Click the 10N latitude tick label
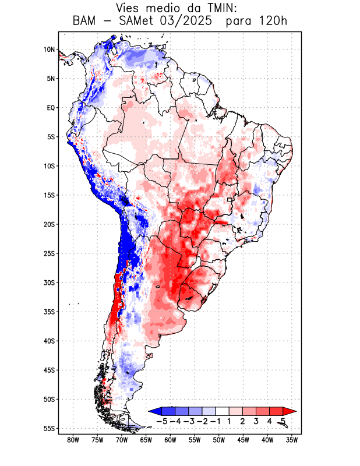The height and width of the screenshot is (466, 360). pyautogui.click(x=49, y=50)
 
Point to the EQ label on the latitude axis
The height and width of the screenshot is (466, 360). pyautogui.click(x=51, y=108)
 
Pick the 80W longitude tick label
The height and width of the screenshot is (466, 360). pyautogui.click(x=73, y=440)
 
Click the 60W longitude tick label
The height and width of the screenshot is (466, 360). pyautogui.click(x=171, y=440)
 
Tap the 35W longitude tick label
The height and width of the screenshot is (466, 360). pyautogui.click(x=292, y=440)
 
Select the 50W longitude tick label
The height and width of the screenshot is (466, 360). pyautogui.click(x=219, y=440)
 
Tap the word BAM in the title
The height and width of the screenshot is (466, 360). pyautogui.click(x=86, y=22)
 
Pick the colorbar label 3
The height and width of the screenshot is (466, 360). pyautogui.click(x=256, y=421)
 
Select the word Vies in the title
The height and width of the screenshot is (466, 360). pyautogui.click(x=129, y=8)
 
